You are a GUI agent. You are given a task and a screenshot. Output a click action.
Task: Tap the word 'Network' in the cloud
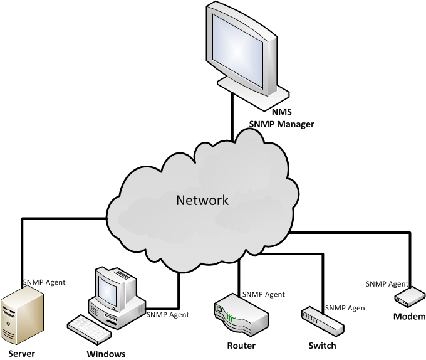tap(202, 201)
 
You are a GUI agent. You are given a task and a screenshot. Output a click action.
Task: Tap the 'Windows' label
tap(106, 354)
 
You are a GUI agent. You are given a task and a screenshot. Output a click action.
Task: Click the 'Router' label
tap(241, 346)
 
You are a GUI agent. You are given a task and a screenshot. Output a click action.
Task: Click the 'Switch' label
tap(322, 346)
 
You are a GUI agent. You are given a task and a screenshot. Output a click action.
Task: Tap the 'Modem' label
tap(409, 316)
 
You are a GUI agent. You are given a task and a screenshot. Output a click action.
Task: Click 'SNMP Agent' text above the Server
tap(44, 282)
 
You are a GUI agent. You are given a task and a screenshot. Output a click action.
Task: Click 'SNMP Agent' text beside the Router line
tap(263, 294)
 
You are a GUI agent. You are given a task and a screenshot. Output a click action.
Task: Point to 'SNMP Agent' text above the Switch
tap(346, 308)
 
